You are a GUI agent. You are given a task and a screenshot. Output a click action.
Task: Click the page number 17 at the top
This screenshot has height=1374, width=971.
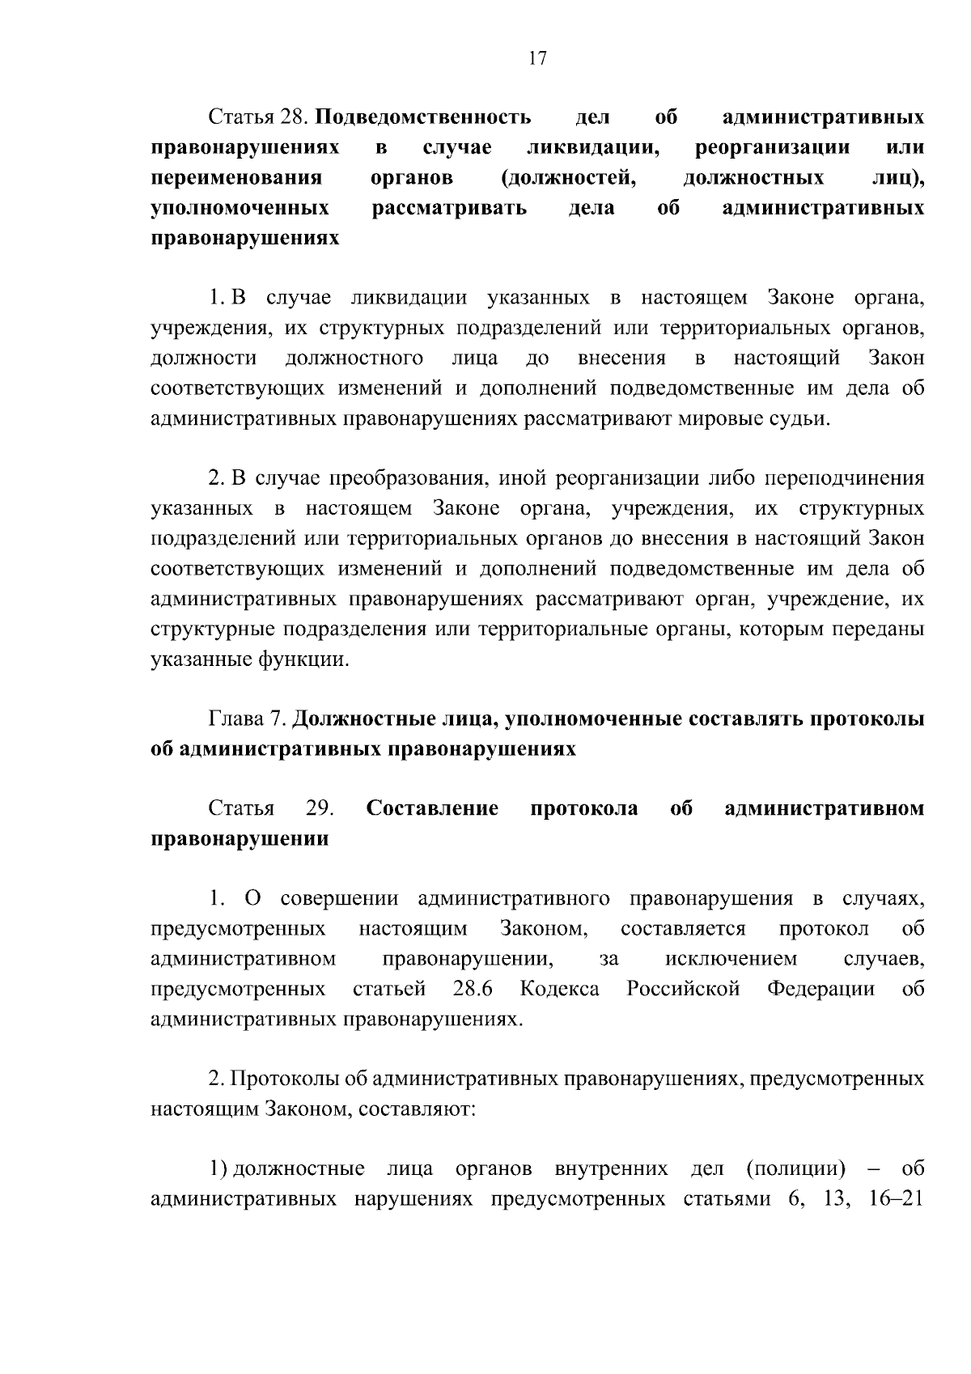(537, 58)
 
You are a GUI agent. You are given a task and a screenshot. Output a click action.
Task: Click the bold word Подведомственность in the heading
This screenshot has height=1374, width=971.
(422, 118)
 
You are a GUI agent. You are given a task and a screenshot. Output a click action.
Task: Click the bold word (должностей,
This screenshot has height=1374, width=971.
(568, 179)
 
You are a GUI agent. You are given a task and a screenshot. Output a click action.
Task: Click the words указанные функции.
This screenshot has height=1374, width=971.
(250, 659)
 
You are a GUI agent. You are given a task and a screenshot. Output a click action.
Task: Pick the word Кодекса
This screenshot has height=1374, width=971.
(559, 990)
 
